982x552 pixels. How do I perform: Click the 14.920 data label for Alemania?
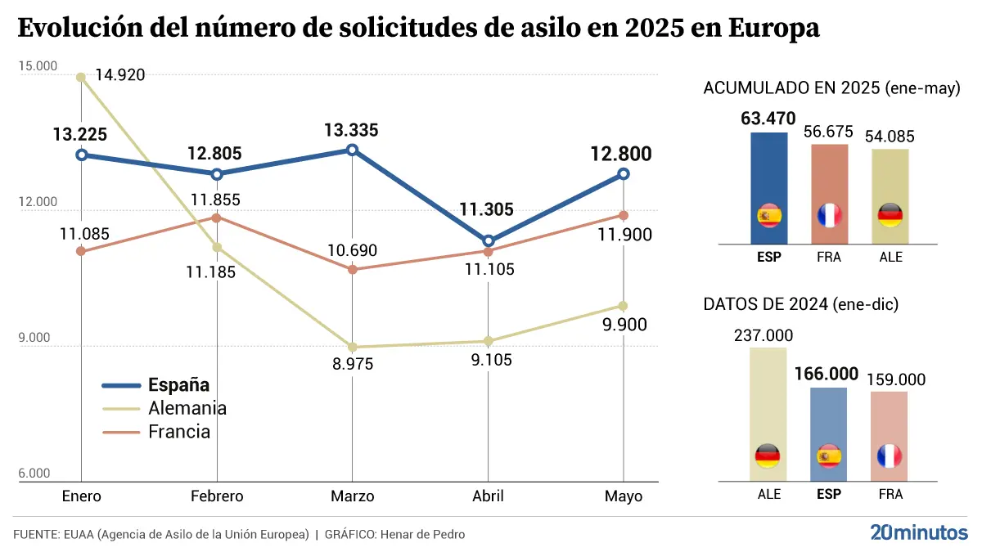119,75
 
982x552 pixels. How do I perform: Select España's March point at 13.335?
352,150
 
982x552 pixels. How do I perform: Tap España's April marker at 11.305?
489,241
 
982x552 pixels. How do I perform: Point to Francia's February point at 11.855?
217,218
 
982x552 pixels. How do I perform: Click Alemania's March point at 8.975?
352,347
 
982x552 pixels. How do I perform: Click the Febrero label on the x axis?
217,496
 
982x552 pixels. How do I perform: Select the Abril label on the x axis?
489,496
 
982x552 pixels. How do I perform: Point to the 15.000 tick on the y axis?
34,65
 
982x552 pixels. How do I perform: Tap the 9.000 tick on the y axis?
34,338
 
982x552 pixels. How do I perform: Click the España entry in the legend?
178,385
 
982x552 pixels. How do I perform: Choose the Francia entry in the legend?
179,432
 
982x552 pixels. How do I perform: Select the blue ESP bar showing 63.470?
769,188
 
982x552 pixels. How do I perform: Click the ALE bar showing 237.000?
768,414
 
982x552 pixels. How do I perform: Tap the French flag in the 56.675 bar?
830,216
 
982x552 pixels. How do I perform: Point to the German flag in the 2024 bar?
768,456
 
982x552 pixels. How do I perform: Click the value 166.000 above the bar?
827,375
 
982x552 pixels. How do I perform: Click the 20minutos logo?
918,532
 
